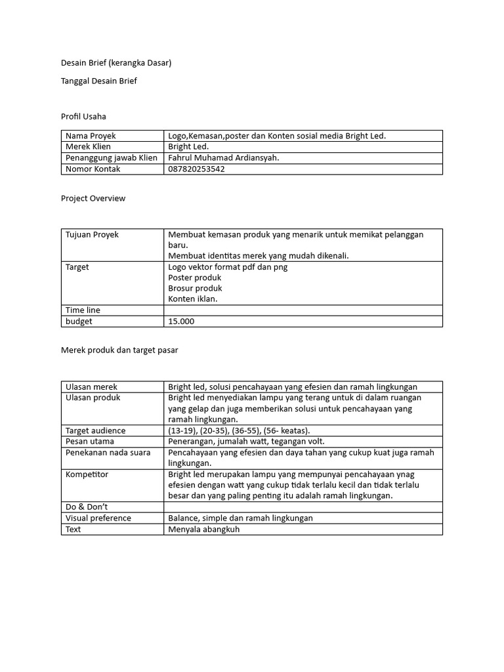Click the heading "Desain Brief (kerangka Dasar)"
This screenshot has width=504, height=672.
pos(115,63)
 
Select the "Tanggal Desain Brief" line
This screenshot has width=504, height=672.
pos(98,81)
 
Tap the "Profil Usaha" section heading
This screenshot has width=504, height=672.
pos(83,116)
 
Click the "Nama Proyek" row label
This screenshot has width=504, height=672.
pos(90,136)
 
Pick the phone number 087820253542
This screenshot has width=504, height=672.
pos(196,169)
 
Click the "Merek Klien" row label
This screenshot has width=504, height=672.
pos(88,147)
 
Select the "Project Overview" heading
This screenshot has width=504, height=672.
pos(93,198)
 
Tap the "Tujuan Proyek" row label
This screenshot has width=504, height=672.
pos(92,234)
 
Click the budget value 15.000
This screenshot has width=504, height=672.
pos(181,322)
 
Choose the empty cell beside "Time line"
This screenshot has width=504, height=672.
pos(303,310)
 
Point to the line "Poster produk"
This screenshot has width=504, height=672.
pos(195,278)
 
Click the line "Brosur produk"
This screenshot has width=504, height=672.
pos(195,288)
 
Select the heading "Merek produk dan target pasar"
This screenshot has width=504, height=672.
pos(119,350)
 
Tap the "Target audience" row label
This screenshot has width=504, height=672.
pos(95,430)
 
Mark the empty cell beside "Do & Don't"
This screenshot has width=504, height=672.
pos(303,507)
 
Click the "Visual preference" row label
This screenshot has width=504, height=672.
pos(98,518)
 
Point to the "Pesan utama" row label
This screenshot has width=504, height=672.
pos(90,442)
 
